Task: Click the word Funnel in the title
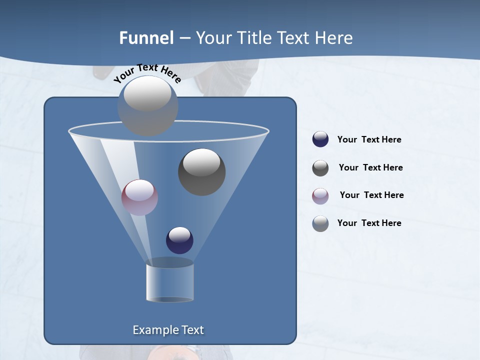click(x=146, y=38)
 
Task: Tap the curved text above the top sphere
click(x=147, y=73)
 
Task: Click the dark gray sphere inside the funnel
click(x=201, y=171)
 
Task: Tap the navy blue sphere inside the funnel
click(x=179, y=240)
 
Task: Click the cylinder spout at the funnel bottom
click(x=170, y=282)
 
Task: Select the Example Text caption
click(x=168, y=330)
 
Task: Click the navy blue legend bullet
click(x=320, y=139)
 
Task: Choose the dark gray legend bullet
click(x=320, y=168)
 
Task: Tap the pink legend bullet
click(x=320, y=195)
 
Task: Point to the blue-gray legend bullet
click(x=320, y=223)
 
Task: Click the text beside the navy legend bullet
click(x=369, y=140)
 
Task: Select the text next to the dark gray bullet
click(x=370, y=168)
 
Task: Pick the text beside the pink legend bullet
click(x=371, y=195)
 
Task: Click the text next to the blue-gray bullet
click(x=369, y=223)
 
